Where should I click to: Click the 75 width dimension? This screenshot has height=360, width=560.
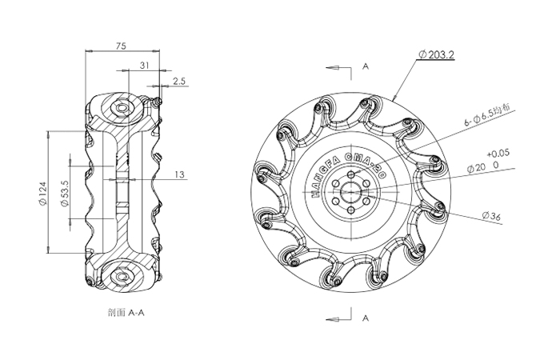[121, 47]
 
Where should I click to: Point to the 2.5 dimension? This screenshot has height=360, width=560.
[178, 82]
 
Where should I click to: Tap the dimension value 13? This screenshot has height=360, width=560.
[178, 174]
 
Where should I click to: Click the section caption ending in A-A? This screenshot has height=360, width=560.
[122, 313]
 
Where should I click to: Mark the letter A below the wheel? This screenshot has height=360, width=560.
[365, 318]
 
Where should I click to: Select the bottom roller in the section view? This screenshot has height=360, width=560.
[122, 276]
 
